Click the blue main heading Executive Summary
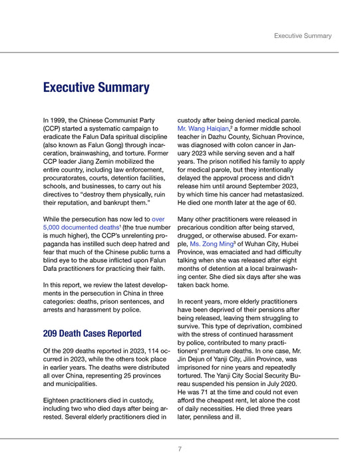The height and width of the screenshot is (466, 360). [x=96, y=88]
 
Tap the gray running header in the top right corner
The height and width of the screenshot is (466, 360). [x=303, y=36]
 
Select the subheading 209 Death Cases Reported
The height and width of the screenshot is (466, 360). [x=92, y=333]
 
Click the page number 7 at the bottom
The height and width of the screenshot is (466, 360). [x=180, y=449]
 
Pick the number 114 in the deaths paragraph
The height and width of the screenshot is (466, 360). [x=140, y=349]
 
